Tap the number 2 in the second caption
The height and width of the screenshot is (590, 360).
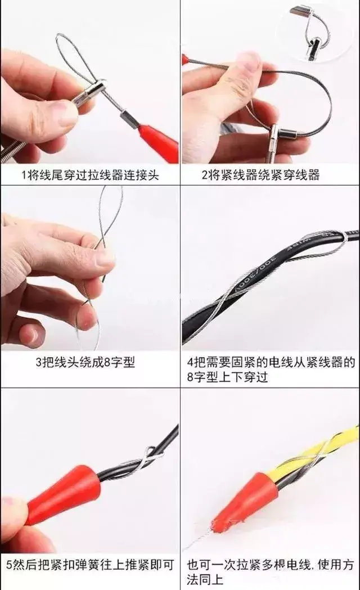[x=205, y=174]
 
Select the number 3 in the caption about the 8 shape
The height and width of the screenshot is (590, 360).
[x=39, y=362]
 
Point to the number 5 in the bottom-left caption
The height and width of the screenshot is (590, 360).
[x=10, y=565]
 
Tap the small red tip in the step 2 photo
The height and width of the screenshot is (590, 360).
[x=186, y=60]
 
